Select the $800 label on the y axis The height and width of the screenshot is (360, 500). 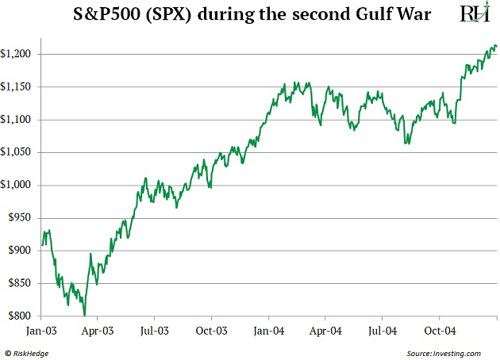pos(19,316)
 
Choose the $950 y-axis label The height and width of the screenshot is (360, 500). pos(19,217)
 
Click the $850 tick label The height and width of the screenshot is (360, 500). pos(19,283)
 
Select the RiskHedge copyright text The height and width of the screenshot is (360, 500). pos(28,351)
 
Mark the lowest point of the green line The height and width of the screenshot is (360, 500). pos(84,316)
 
